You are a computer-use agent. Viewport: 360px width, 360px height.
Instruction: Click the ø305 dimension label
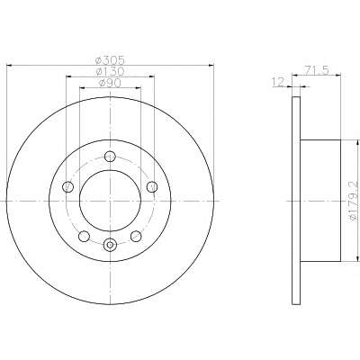coord(110,60)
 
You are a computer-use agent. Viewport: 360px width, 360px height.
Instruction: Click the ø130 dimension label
coord(110,71)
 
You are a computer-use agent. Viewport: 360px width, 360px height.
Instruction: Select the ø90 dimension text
coord(110,83)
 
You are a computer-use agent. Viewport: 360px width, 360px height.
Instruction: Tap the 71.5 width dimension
coord(318,70)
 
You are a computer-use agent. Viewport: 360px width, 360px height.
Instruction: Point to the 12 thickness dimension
coord(277,82)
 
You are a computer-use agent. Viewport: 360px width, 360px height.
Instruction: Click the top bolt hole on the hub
coord(110,157)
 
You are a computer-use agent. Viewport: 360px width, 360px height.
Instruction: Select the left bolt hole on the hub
coord(67,187)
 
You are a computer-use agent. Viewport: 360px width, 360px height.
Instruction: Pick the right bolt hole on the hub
coord(152,187)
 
